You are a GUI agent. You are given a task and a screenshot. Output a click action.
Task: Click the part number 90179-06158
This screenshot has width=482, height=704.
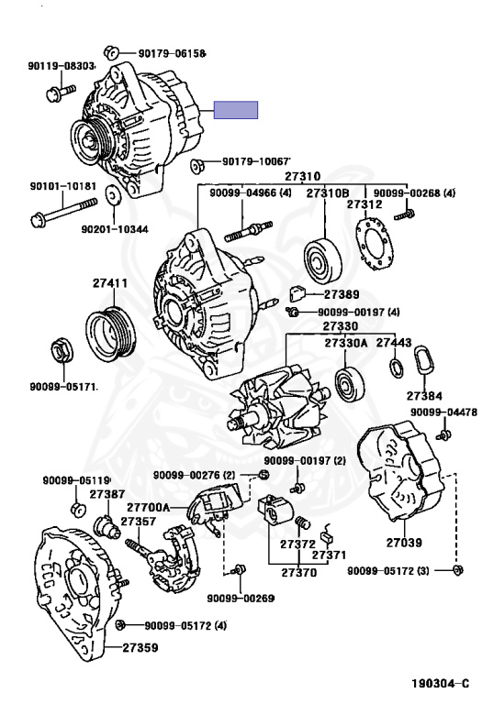[x=173, y=53]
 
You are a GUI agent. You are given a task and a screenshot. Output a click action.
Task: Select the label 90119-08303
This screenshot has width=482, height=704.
[x=58, y=66]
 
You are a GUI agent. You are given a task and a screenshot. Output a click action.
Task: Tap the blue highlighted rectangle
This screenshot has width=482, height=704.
[x=236, y=110]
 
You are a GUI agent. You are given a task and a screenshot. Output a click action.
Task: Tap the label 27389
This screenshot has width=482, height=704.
[x=342, y=294]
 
